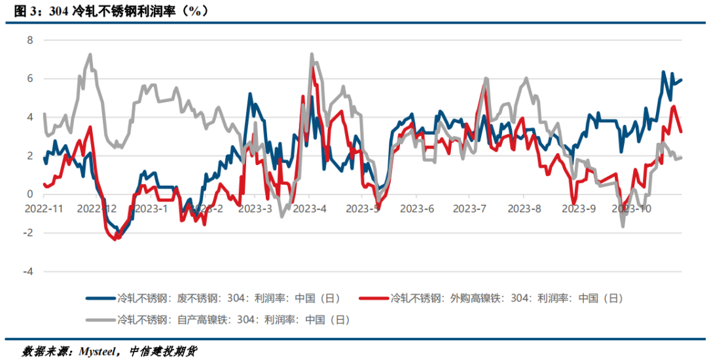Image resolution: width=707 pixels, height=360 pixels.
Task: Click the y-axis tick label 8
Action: [29, 40]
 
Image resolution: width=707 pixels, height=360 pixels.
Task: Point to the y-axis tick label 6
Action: [29, 79]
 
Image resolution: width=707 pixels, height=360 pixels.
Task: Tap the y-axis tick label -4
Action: [27, 271]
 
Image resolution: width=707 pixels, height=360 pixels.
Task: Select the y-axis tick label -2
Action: [27, 233]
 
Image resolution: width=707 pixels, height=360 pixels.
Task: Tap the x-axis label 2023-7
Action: [470, 209]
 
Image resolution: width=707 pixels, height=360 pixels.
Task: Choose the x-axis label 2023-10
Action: [631, 209]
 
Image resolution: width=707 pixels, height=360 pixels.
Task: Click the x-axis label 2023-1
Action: [151, 209]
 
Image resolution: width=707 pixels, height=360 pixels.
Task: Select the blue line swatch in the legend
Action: [100, 298]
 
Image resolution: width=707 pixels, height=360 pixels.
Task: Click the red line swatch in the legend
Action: [374, 298]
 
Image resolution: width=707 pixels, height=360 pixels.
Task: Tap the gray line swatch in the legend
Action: [100, 320]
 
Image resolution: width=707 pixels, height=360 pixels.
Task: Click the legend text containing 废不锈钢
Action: [228, 298]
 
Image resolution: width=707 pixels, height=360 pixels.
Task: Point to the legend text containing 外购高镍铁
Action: [507, 298]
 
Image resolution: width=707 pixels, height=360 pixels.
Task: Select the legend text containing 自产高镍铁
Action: [233, 320]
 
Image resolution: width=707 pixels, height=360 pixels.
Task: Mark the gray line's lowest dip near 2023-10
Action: [623, 226]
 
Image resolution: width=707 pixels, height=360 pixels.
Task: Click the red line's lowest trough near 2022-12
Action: [115, 239]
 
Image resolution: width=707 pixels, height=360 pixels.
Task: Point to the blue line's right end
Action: [681, 81]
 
